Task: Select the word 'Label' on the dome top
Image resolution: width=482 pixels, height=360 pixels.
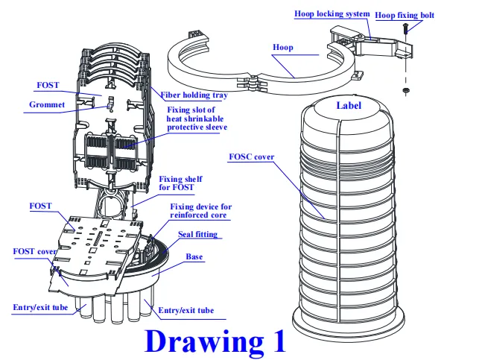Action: [x=348, y=105]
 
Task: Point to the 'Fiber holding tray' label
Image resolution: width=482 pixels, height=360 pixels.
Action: [x=194, y=95]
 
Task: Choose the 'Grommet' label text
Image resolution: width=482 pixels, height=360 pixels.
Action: [x=48, y=104]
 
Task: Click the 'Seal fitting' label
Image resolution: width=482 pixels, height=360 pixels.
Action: [x=197, y=235]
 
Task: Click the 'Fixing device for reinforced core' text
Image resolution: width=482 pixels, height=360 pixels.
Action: [x=197, y=211]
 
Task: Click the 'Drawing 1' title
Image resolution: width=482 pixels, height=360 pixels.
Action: [x=215, y=340]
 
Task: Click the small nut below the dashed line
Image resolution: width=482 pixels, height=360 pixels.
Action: [x=407, y=91]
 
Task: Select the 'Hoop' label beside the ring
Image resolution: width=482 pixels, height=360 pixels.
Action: [x=282, y=47]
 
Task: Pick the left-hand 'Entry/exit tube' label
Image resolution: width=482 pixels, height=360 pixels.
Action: [x=40, y=306]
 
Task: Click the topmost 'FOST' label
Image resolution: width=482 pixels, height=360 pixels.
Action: [x=48, y=85]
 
